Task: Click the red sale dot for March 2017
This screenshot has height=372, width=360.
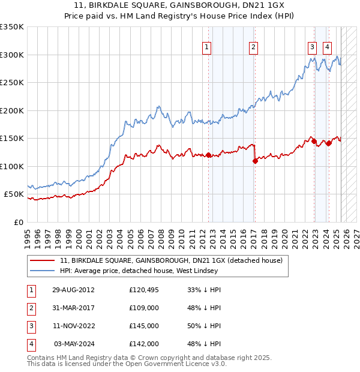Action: coord(255,161)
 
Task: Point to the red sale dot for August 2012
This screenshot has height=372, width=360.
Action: coord(208,155)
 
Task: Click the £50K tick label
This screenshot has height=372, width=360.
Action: coord(14,194)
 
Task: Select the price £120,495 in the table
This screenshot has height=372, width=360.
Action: coord(143,289)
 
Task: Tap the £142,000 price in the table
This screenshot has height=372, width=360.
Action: coord(143,344)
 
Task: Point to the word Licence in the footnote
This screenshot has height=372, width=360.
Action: coord(194,364)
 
